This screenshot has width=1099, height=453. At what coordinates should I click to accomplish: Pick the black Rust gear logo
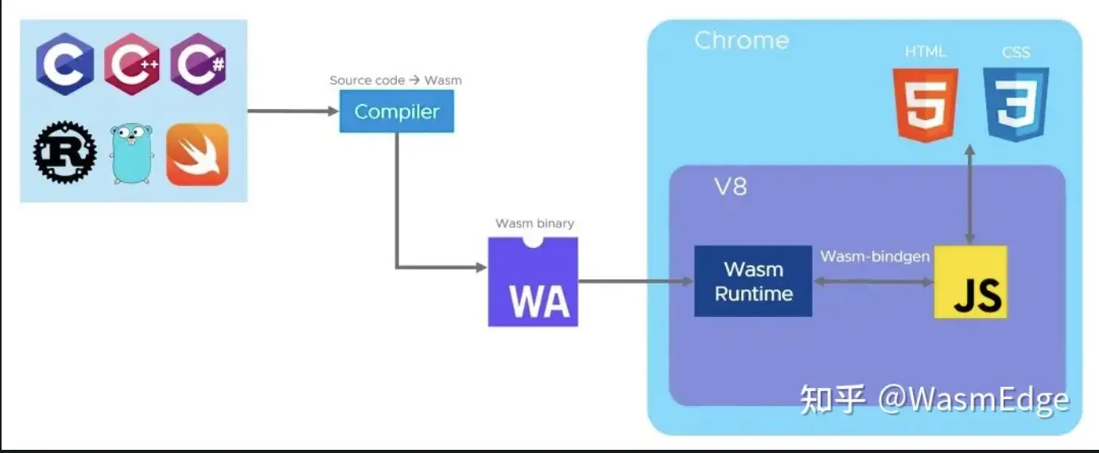[65, 153]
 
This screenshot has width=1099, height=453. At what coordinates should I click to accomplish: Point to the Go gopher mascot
[130, 153]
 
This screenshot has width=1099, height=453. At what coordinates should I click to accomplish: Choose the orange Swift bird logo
[197, 153]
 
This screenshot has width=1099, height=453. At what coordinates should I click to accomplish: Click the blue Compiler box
[397, 111]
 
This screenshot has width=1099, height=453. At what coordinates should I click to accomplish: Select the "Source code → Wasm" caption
[395, 80]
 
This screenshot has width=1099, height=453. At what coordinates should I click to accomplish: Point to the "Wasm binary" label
[534, 223]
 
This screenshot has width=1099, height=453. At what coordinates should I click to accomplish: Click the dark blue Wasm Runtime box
[753, 281]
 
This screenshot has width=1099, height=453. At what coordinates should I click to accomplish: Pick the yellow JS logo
[970, 282]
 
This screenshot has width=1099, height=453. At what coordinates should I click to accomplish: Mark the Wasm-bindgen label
[874, 257]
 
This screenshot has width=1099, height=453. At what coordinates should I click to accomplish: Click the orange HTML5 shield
[925, 104]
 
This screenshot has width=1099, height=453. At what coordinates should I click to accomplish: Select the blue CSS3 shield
[1016, 104]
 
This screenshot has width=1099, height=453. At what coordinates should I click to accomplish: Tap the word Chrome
[741, 41]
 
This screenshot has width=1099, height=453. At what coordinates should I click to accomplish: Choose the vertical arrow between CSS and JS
[969, 195]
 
